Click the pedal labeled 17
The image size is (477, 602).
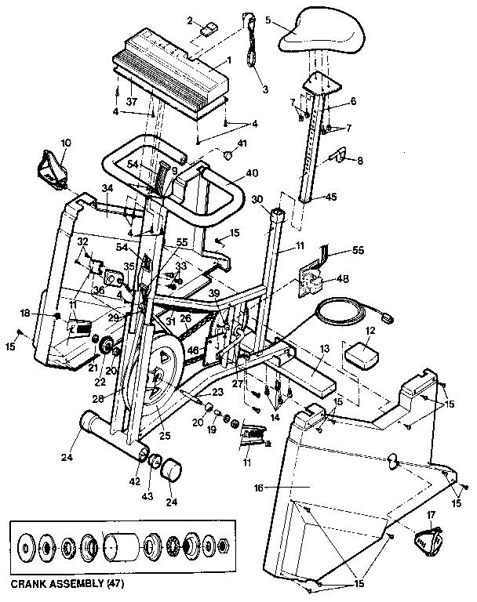point(428,541)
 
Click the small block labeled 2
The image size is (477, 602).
point(209,31)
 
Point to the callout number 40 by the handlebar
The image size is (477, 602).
point(252,172)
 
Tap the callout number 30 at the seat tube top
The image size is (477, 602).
point(257,199)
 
